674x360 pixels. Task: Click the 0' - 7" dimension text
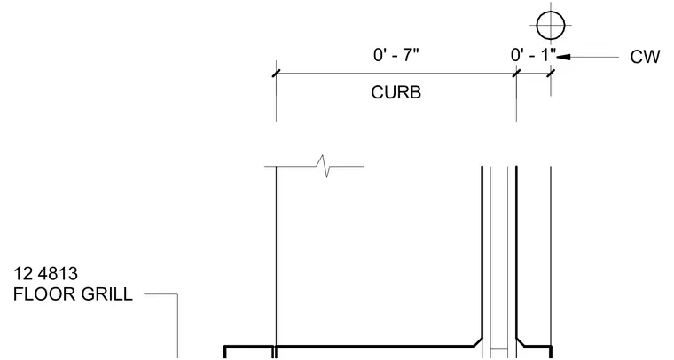coord(396,55)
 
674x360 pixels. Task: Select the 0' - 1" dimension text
coord(533,55)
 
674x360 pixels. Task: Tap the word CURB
coord(396,92)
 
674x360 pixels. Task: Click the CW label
coord(645,57)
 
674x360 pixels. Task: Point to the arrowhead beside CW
coord(563,57)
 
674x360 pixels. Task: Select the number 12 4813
coord(45,274)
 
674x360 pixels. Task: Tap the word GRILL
coord(106,294)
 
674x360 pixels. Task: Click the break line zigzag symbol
coord(323,166)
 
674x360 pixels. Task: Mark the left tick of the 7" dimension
coord(277,74)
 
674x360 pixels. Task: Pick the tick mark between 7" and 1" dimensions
coord(516,74)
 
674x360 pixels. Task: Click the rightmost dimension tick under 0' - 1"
coord(551,74)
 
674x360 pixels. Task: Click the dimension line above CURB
coord(396,74)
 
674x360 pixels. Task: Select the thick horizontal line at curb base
coord(375,346)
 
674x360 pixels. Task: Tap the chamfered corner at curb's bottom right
coord(478,342)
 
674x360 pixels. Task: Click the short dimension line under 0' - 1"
coord(534,74)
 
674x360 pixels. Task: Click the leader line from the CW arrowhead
coord(594,57)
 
